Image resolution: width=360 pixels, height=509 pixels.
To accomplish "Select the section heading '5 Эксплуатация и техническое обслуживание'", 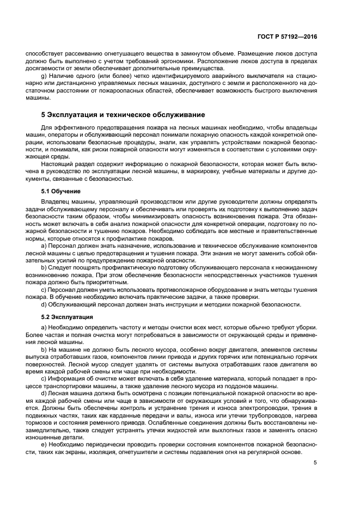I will [x=123, y=115].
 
